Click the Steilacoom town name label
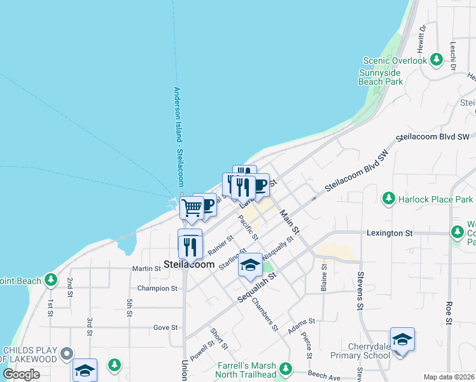(x=188, y=264)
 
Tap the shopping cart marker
(x=192, y=207)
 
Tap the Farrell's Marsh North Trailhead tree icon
(x=286, y=368)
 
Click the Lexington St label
(x=389, y=234)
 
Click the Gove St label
(x=165, y=327)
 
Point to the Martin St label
(x=145, y=269)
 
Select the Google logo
(x=21, y=374)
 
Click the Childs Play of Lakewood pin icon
(x=66, y=353)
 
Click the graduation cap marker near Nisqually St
(x=250, y=265)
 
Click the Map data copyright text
(x=449, y=377)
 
